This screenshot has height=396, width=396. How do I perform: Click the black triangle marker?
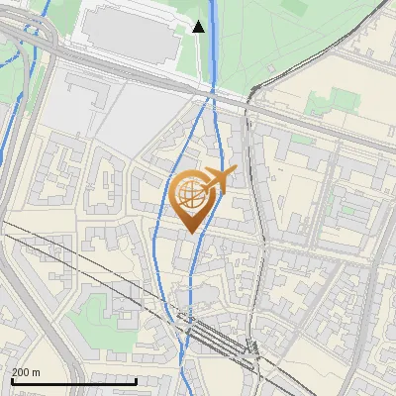point(199,26)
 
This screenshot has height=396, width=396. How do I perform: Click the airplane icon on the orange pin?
point(220,180)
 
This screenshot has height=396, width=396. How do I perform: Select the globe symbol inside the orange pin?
point(190,195)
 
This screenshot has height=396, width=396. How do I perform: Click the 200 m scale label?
point(26,372)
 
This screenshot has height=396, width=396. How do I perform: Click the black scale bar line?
point(59,381)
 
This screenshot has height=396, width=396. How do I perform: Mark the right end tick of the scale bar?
point(108,380)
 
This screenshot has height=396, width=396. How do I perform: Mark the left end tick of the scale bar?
point(11,380)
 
